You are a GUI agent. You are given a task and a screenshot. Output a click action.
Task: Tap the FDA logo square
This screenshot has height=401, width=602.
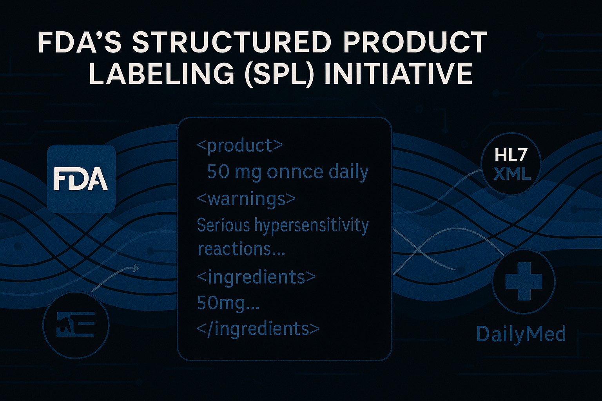point(82,179)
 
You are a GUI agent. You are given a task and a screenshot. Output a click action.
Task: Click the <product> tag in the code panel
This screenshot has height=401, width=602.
point(240,146)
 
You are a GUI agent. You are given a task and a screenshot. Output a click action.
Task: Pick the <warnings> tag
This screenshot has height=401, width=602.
point(246,199)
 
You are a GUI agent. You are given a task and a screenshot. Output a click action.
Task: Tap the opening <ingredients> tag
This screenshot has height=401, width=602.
point(256,277)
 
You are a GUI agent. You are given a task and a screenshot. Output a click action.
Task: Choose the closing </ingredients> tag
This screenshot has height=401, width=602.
point(258,329)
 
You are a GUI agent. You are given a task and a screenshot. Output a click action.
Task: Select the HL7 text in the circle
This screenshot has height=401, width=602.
point(510,157)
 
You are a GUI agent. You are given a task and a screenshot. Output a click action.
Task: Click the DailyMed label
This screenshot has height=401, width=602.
point(521,334)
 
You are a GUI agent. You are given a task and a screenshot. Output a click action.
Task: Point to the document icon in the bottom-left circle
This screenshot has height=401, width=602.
point(76,324)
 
